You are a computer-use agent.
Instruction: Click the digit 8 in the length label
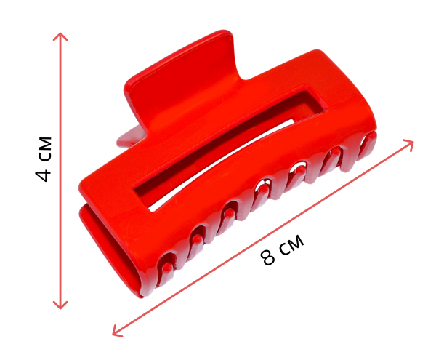pyautogui.click(x=268, y=257)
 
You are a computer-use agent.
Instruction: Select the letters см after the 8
pyautogui.click(x=291, y=244)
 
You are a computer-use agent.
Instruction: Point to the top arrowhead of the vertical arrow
pyautogui.click(x=60, y=36)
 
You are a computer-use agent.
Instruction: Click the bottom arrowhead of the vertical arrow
pyautogui.click(x=60, y=305)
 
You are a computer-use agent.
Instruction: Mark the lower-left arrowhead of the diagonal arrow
pyautogui.click(x=116, y=332)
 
